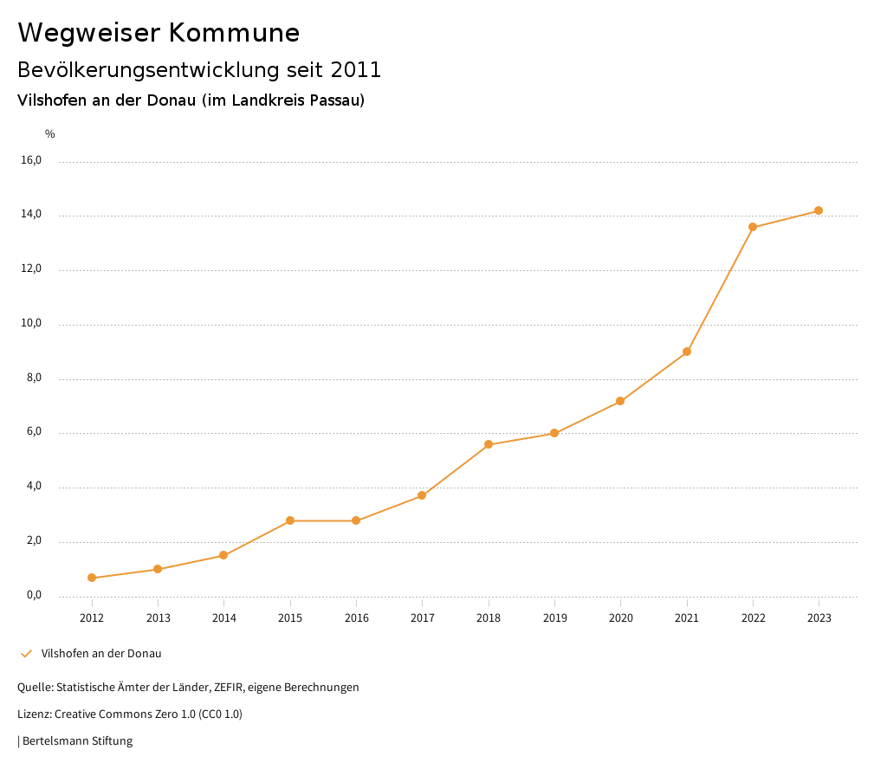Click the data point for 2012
(x=92, y=578)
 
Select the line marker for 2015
(x=290, y=520)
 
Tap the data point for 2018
(x=489, y=444)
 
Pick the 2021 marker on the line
(x=687, y=352)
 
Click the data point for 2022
(x=753, y=227)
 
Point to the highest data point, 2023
(x=819, y=210)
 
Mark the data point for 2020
(x=620, y=401)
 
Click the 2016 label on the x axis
(x=356, y=618)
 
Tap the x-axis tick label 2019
(x=554, y=618)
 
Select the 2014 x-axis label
(x=223, y=618)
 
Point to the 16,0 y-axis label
(x=31, y=160)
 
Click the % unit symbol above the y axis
(x=50, y=134)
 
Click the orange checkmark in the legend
(x=26, y=654)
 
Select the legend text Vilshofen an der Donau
(x=101, y=654)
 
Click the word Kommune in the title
(x=234, y=33)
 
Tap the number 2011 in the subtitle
(x=356, y=70)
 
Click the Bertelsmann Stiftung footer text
(x=77, y=741)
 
